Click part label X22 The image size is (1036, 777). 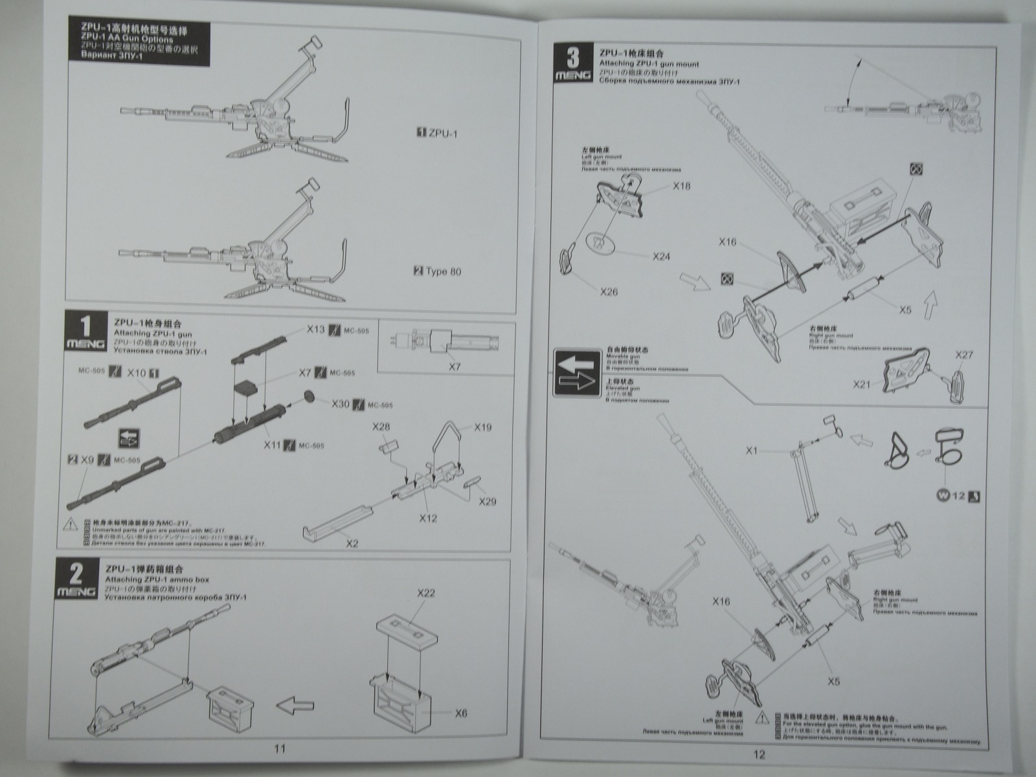[425, 594]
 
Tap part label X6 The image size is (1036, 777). [460, 713]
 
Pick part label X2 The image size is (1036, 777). [352, 543]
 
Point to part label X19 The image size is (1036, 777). [482, 427]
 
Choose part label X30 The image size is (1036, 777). [340, 404]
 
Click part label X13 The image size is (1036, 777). [316, 330]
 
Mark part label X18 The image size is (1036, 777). [682, 186]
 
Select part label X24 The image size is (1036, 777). [661, 256]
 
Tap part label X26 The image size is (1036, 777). [609, 291]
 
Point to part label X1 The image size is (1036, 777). [751, 451]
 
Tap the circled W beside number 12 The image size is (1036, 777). [942, 497]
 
